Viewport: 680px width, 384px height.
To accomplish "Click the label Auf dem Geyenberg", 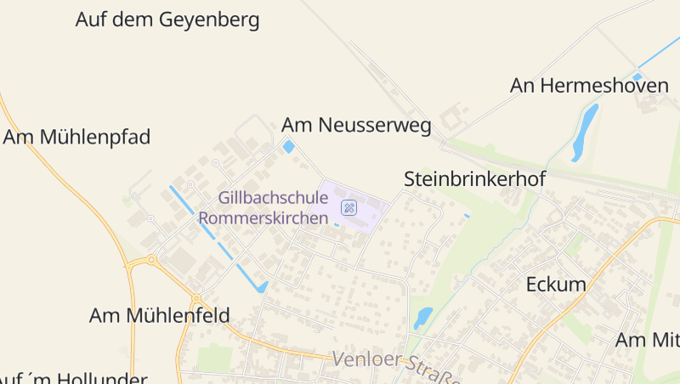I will click(167, 20).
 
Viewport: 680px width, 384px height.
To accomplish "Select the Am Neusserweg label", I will click(356, 126).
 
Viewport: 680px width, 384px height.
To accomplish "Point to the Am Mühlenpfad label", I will click(76, 137).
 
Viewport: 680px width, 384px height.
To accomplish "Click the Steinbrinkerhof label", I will click(474, 179).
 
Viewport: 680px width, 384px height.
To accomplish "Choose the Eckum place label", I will click(556, 285).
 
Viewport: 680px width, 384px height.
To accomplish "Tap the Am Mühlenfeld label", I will click(159, 316).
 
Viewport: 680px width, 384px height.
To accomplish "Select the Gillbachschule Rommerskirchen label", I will click(263, 207).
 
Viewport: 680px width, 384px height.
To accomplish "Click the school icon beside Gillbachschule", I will click(348, 206).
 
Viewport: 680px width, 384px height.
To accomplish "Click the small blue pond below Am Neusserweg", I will click(288, 147).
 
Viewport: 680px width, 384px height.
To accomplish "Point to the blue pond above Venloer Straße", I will click(422, 317).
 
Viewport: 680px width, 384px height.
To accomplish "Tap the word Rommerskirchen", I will click(263, 217).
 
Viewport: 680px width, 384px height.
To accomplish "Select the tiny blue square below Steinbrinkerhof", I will click(467, 216).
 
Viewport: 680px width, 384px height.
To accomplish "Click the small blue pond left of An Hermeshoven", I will click(637, 76).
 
